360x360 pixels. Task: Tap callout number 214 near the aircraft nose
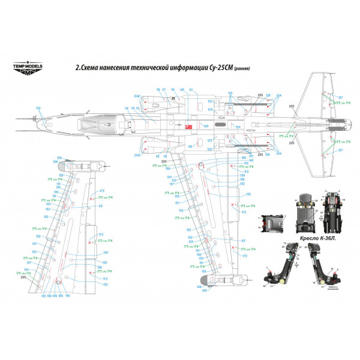[38, 108]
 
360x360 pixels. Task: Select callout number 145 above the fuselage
[181, 90]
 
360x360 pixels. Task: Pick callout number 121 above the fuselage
[191, 90]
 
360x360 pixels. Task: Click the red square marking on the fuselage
[187, 127]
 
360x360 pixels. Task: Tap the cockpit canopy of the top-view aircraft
[90, 125]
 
